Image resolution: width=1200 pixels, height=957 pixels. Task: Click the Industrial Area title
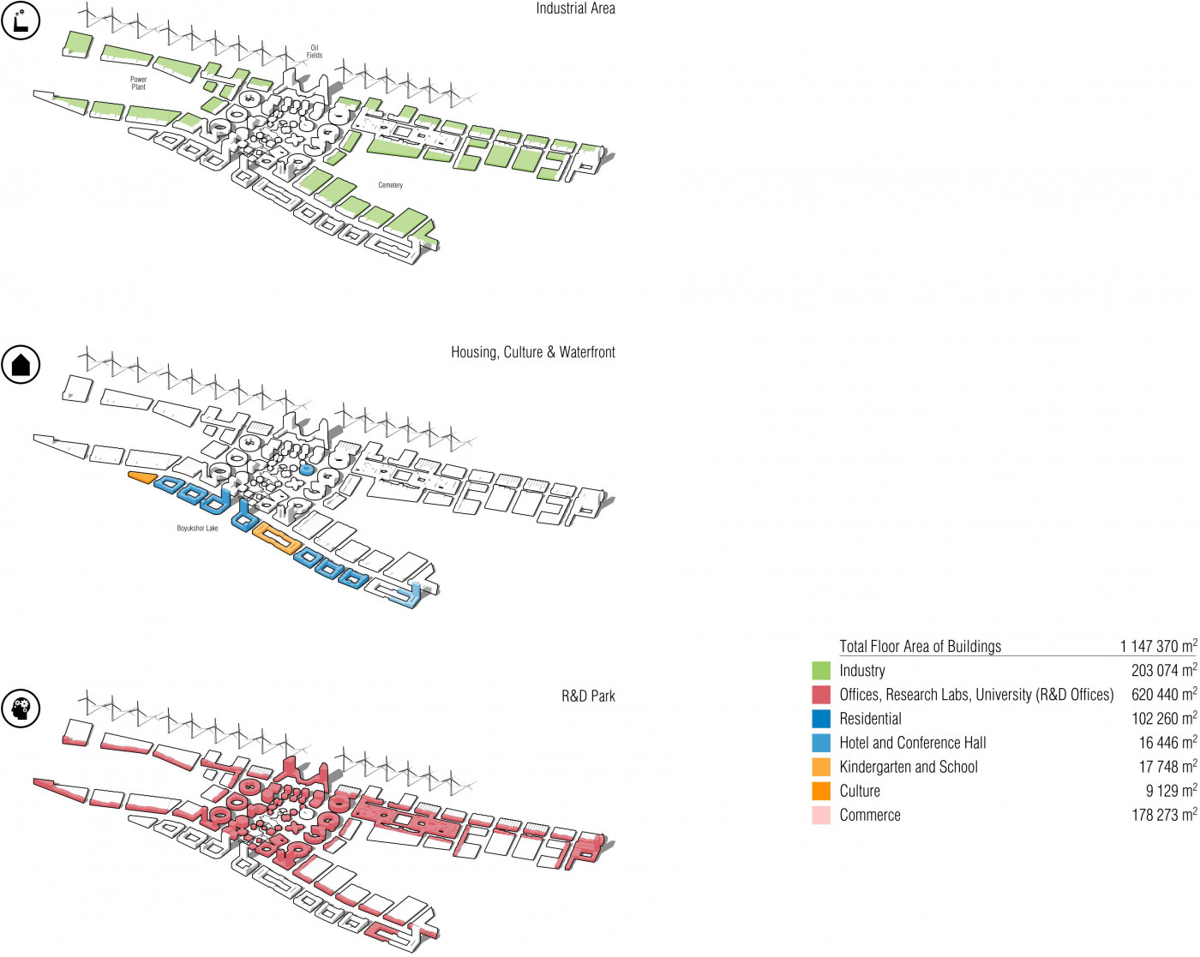575,9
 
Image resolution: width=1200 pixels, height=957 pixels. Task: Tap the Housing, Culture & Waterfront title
532,352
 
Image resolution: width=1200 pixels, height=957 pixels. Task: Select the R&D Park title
588,696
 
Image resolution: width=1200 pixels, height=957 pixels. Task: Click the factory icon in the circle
21,21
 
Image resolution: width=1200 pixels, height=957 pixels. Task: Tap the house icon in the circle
21,365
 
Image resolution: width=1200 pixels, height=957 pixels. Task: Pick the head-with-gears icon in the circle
21,709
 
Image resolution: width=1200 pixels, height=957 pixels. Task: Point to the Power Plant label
138,83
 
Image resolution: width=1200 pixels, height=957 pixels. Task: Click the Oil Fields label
315,51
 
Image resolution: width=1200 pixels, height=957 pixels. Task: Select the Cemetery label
390,185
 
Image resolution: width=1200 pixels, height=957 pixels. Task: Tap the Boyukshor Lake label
197,529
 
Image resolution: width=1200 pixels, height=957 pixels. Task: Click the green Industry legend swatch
821,671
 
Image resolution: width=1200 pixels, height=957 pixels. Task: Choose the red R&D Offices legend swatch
821,695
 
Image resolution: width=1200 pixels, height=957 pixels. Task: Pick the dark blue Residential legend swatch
821,719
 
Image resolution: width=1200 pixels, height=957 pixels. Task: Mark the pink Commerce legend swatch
821,815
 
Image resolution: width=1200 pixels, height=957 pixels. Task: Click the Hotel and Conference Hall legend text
912,743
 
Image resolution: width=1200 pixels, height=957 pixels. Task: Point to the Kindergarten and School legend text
908,767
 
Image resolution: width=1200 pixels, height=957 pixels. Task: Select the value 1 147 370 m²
1157,646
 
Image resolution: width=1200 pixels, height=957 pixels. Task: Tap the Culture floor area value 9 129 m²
1171,791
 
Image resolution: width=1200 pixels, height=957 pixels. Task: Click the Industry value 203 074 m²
1163,670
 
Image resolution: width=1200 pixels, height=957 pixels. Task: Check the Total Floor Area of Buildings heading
920,646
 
